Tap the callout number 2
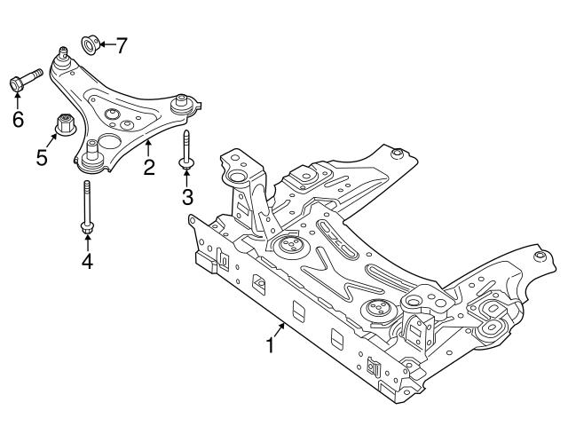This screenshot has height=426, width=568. coord(150,165)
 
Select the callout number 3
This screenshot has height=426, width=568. coord(187,195)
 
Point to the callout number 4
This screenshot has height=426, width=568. coord(86,261)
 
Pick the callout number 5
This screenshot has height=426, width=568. coord(42,158)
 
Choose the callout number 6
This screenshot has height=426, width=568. coord(18,119)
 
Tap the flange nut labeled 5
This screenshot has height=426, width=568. coord(65,125)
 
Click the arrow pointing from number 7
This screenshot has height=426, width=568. coord(106,43)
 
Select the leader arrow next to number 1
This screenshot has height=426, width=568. coord(280,331)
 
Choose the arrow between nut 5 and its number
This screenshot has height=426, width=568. coord(51,145)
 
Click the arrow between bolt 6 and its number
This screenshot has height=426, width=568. coord(18,99)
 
